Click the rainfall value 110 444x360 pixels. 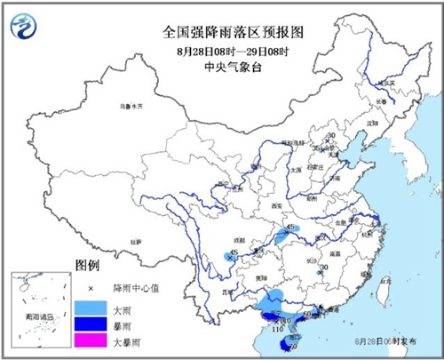[x=276, y=330]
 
